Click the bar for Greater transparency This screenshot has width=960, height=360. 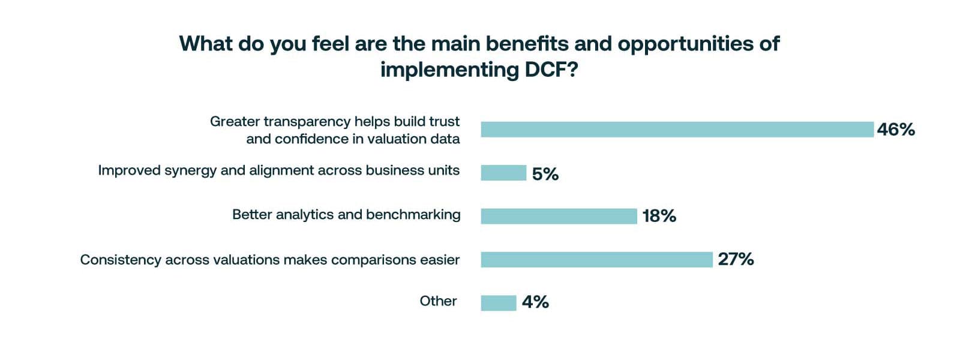point(677,130)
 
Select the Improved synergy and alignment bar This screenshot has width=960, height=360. point(503,173)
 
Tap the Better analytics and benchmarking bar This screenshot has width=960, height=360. point(559,216)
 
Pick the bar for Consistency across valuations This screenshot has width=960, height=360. point(596,259)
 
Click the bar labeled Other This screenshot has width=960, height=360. point(498,303)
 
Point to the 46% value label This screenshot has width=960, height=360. point(895,130)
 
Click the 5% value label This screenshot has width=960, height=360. point(545,174)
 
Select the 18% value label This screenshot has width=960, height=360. point(659,216)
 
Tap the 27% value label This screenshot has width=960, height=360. point(736,259)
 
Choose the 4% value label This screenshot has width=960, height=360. point(535,302)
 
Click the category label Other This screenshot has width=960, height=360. point(438,301)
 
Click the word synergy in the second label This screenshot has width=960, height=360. point(190,171)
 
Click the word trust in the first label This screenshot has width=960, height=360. point(445,122)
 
